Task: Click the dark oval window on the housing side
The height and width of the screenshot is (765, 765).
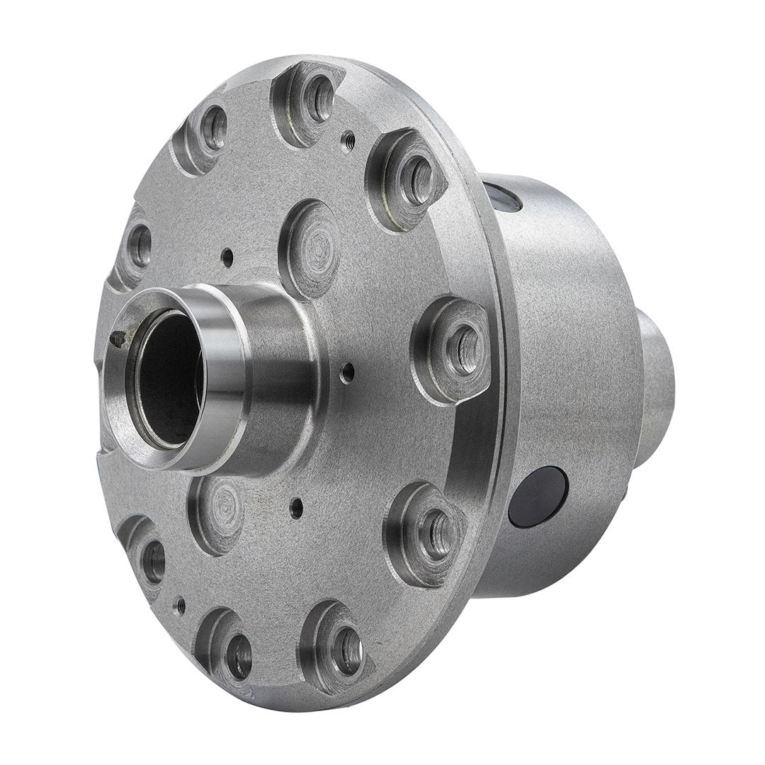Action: [540, 497]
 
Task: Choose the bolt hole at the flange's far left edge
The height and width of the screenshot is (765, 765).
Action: [139, 245]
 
